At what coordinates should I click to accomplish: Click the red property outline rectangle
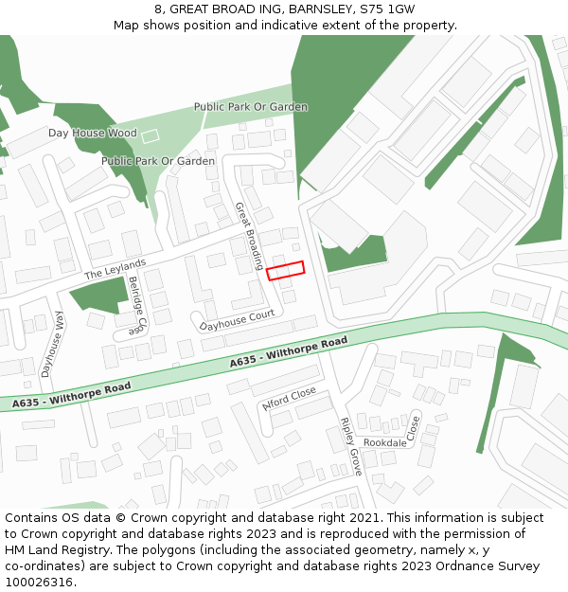click(x=285, y=271)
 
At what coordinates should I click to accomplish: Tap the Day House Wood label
click(x=93, y=134)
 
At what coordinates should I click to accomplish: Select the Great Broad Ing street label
click(x=249, y=235)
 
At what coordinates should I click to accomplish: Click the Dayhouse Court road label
click(x=237, y=321)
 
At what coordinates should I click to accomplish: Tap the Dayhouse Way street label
click(x=52, y=345)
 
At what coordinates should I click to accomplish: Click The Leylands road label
click(x=115, y=268)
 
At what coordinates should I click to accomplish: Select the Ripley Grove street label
click(x=350, y=445)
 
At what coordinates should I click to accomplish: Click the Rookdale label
click(x=385, y=443)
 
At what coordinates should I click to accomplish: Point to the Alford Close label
click(x=289, y=399)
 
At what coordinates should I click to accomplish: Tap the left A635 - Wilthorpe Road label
click(x=72, y=396)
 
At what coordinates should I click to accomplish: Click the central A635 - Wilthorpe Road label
click(x=289, y=353)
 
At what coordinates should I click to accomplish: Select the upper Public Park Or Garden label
click(x=251, y=107)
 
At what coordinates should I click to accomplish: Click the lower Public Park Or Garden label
click(x=158, y=161)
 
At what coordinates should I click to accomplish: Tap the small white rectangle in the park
click(x=150, y=137)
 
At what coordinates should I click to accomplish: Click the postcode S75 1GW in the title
click(x=387, y=9)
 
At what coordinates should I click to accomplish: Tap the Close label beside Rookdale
click(x=413, y=427)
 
